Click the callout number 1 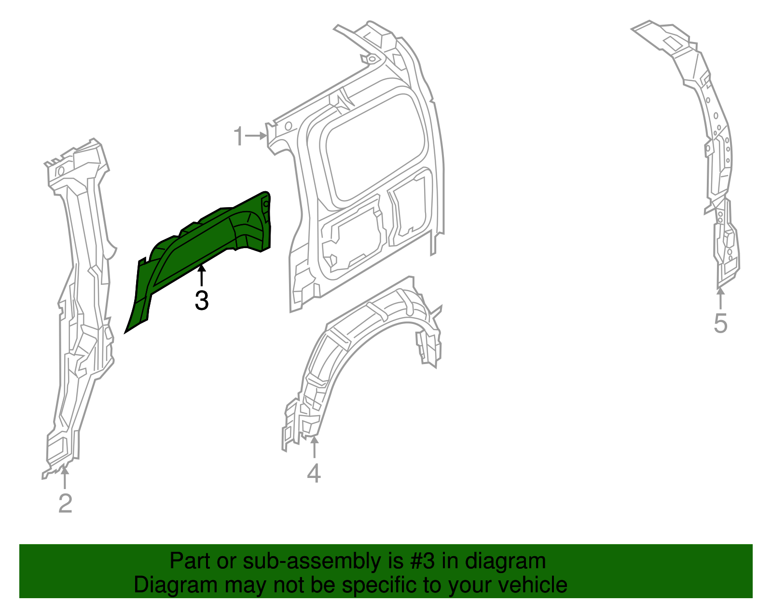[239, 137]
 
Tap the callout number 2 [65, 504]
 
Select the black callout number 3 [202, 300]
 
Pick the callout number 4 [314, 473]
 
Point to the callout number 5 [720, 323]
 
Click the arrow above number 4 [314, 446]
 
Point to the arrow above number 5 [720, 297]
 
